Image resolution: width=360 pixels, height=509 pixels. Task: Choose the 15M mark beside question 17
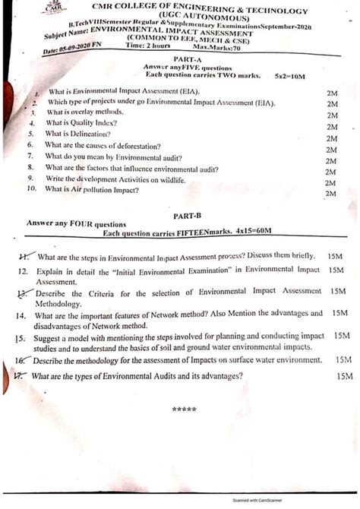pos(344,375)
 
